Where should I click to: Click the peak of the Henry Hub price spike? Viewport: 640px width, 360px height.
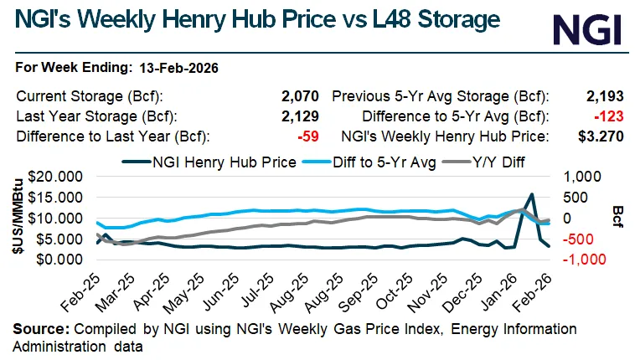[531, 194]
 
